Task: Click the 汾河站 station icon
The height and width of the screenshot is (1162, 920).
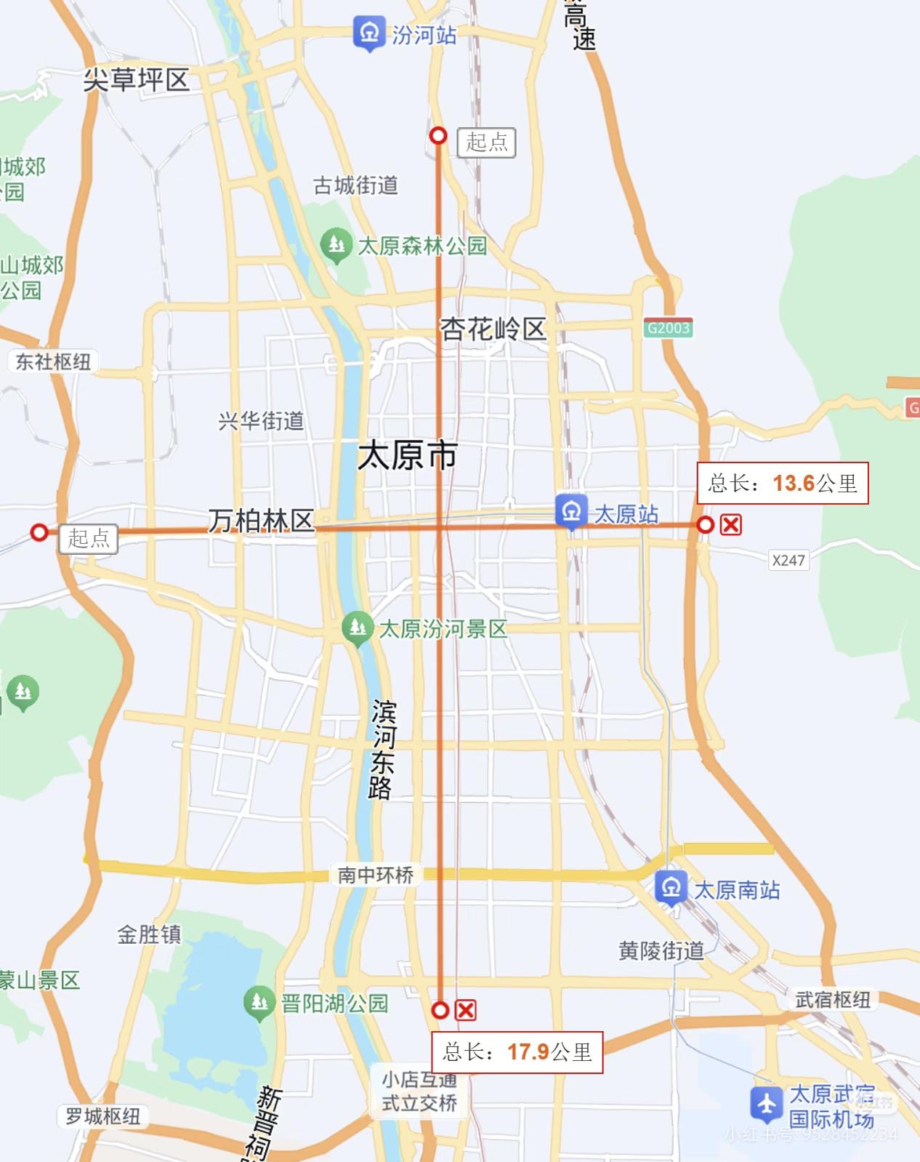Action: point(368,33)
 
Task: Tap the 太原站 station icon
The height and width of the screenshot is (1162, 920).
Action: point(571,511)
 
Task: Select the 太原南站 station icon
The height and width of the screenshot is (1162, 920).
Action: point(671,888)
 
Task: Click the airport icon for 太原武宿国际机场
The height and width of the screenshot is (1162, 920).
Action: point(767,1104)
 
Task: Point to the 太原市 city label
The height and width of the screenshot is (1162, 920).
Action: point(407,456)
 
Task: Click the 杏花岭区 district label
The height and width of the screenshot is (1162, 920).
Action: point(493,329)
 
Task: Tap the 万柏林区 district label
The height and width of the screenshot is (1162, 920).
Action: point(261,521)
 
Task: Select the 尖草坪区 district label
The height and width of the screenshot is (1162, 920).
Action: point(136,79)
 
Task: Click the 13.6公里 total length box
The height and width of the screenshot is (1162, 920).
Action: point(783,483)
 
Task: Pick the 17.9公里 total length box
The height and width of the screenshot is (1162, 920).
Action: point(517,1051)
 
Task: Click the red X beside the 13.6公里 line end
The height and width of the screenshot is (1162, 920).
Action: point(730,524)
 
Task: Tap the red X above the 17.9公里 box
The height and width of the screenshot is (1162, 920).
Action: point(465,1010)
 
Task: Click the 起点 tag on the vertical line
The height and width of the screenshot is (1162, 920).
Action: point(486,142)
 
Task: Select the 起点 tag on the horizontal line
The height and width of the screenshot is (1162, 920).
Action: point(88,539)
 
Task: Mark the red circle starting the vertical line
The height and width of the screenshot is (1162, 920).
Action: point(438,135)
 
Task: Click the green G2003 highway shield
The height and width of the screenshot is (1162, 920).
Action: point(668,327)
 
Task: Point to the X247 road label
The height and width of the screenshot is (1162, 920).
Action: point(788,560)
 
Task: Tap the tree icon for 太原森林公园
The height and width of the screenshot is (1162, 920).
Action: point(335,243)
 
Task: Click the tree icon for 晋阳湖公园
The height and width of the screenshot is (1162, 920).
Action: point(258,1002)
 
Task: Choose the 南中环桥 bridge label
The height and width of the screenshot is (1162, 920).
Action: point(375,874)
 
